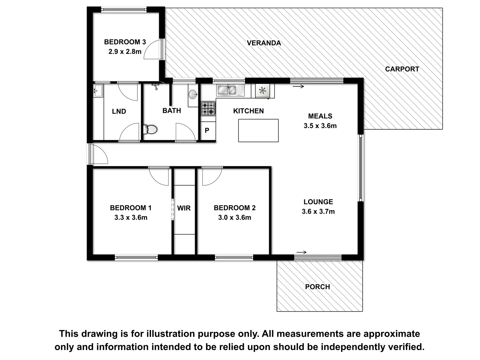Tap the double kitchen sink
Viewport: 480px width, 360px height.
coord(230,90)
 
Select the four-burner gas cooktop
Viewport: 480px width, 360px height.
coord(208,108)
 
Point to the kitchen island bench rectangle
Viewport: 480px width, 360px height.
coord(258,130)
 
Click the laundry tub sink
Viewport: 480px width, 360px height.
coord(98,91)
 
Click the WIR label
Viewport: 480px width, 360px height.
coord(184,208)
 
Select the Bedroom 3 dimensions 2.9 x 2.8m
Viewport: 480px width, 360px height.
coord(125,52)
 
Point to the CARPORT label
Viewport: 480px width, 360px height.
coord(402,69)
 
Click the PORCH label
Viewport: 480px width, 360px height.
coord(317,287)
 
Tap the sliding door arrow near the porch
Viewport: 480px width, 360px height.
coord(301,252)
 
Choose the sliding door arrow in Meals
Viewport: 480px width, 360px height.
coord(298,87)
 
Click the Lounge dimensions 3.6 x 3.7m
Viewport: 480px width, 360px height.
coord(318,211)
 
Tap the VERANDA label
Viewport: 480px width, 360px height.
coord(264,43)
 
